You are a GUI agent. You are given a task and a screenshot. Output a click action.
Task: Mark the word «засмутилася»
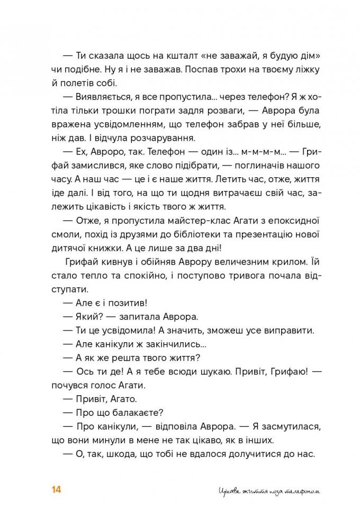coord(276,427)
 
